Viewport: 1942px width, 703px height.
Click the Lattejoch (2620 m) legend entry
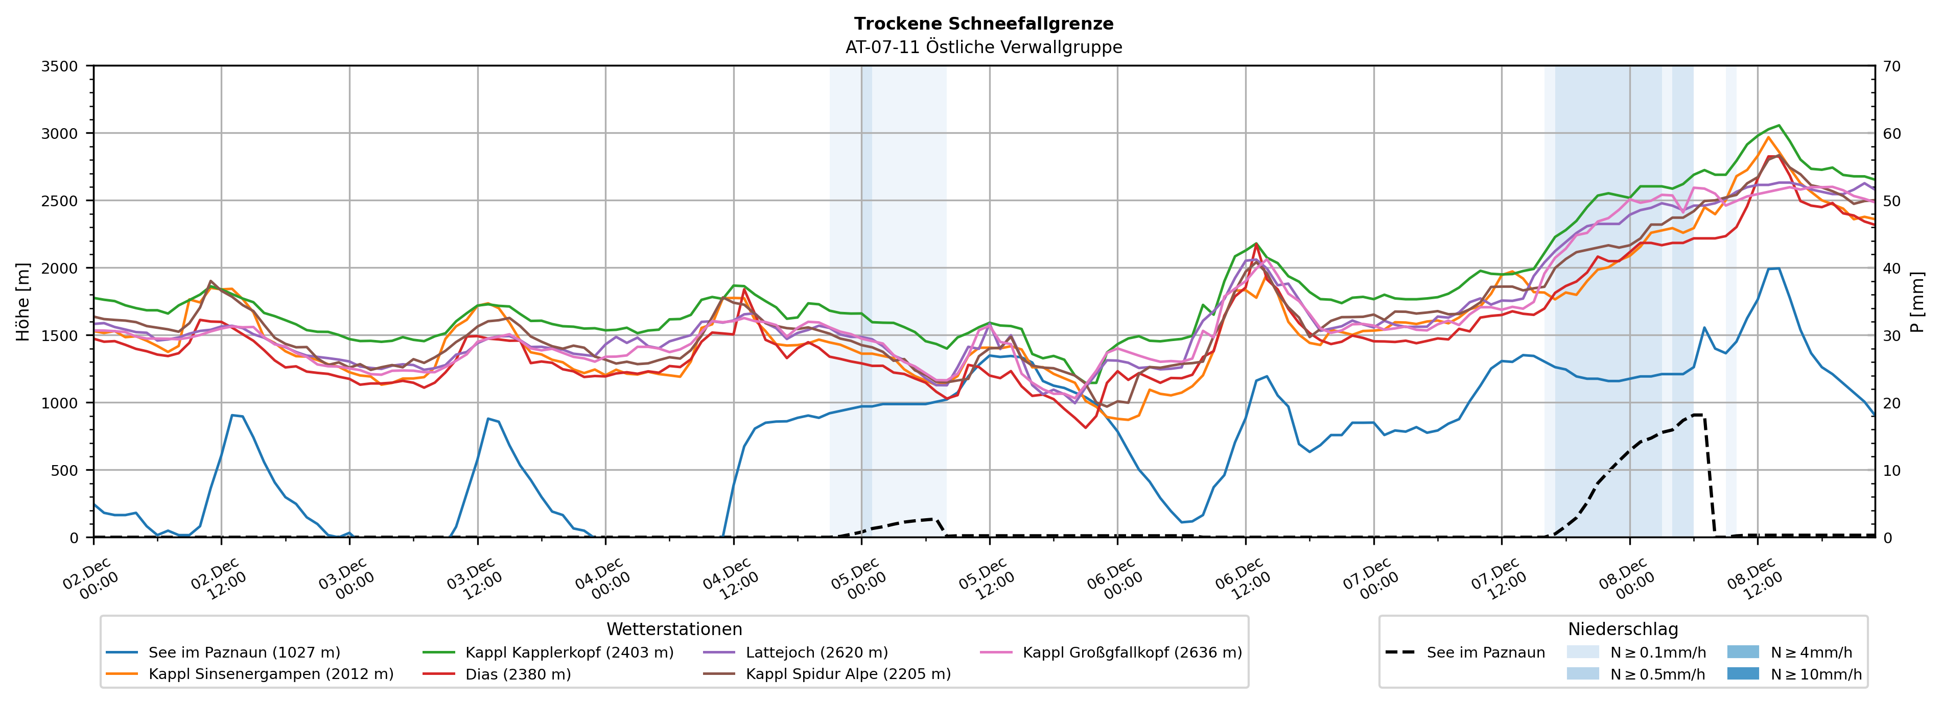816,652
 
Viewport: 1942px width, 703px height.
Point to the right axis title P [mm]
1917,301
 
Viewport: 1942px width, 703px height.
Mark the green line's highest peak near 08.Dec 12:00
1779,125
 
